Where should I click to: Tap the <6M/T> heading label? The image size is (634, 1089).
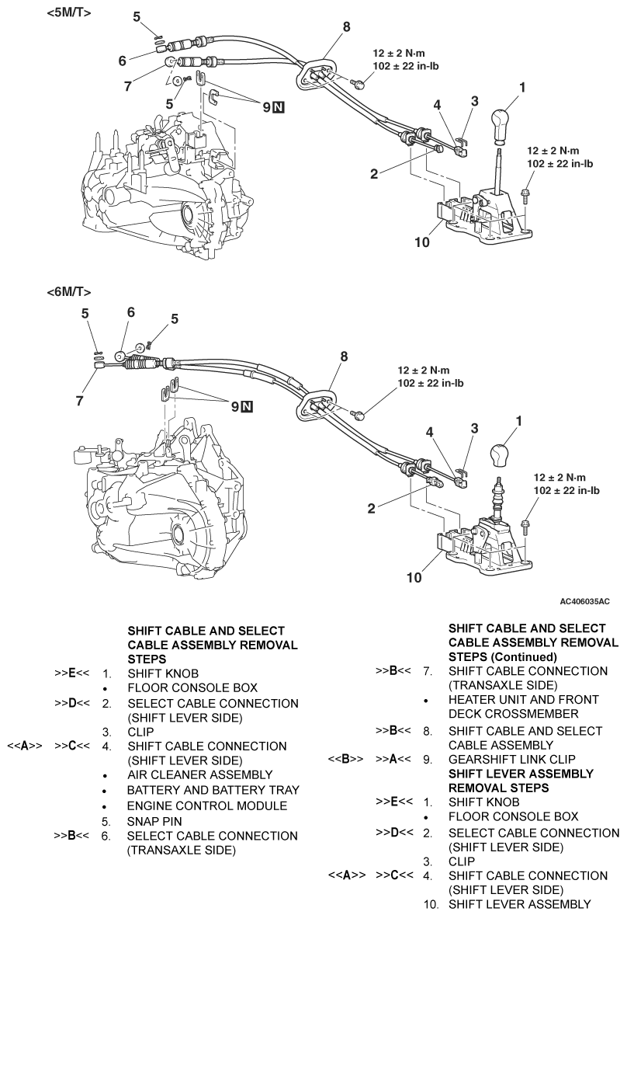click(69, 292)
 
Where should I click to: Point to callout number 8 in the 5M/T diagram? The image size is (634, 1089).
click(346, 27)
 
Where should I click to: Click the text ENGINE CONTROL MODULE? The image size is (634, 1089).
click(207, 805)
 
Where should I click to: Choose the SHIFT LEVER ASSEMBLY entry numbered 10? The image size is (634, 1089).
click(519, 904)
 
